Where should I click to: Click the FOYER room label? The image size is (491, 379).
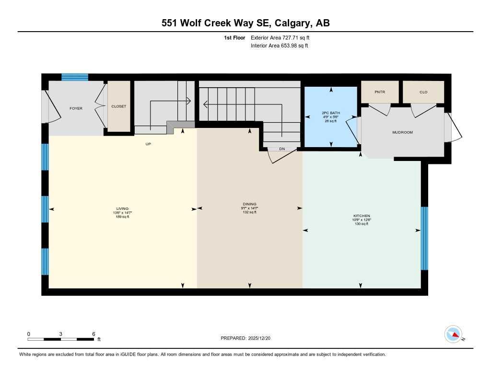[76, 108]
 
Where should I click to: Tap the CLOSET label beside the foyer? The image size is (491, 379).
[118, 106]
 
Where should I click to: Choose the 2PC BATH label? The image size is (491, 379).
[330, 114]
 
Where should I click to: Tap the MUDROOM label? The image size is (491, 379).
[402, 132]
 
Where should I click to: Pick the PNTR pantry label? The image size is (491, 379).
[380, 92]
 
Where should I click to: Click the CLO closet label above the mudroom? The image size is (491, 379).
[423, 92]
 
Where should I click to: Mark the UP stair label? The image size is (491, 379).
[148, 144]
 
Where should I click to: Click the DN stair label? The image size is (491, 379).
[282, 149]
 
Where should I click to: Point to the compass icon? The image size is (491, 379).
[453, 334]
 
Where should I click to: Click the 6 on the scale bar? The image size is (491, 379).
[94, 334]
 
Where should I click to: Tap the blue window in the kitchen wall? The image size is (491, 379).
[424, 238]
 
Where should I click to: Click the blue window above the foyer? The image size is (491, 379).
[75, 77]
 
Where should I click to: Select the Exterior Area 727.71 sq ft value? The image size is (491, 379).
[283, 37]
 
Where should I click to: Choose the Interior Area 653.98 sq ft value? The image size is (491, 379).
[280, 46]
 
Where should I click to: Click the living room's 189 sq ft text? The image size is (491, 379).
[123, 217]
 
